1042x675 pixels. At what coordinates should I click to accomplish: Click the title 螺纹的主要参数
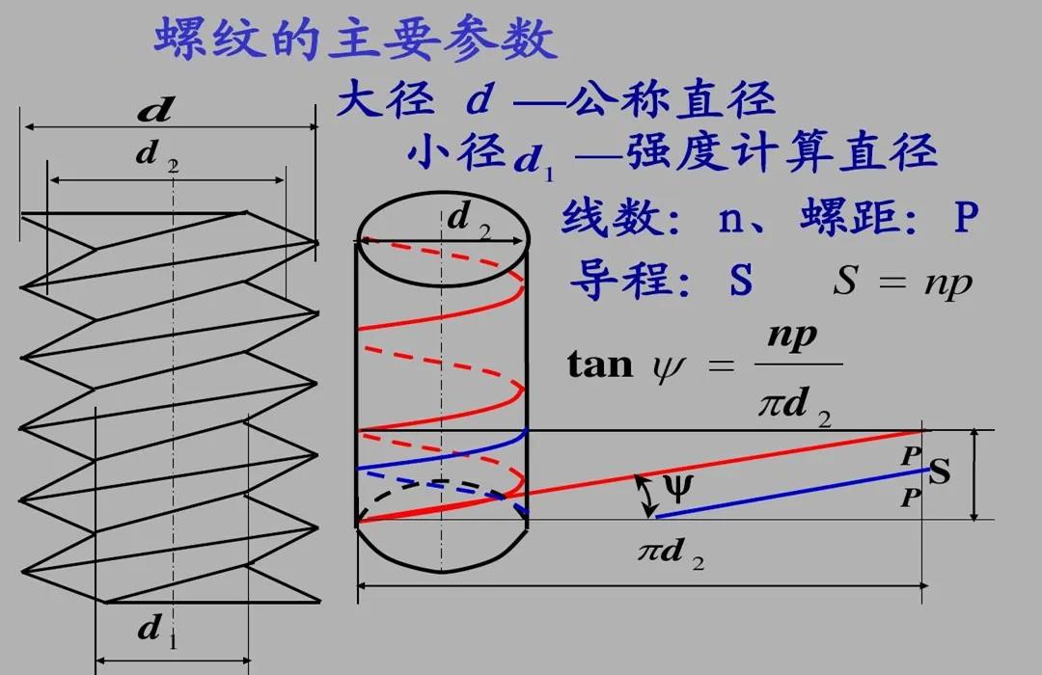point(355,40)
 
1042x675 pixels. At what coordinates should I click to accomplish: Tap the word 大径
point(379,99)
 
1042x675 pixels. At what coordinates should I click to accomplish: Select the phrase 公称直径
point(673,99)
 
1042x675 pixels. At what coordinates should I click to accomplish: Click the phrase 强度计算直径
point(781,151)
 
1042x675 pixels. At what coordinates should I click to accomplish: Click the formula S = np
point(902,283)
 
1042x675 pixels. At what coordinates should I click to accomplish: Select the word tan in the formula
point(599,365)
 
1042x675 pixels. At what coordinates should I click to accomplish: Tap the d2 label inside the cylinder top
point(469,221)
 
